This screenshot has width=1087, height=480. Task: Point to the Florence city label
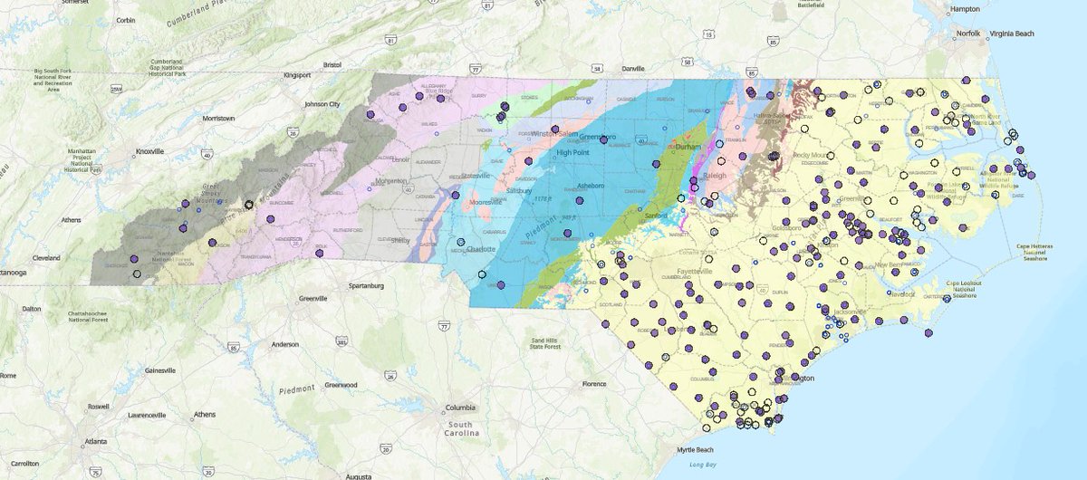point(594,383)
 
